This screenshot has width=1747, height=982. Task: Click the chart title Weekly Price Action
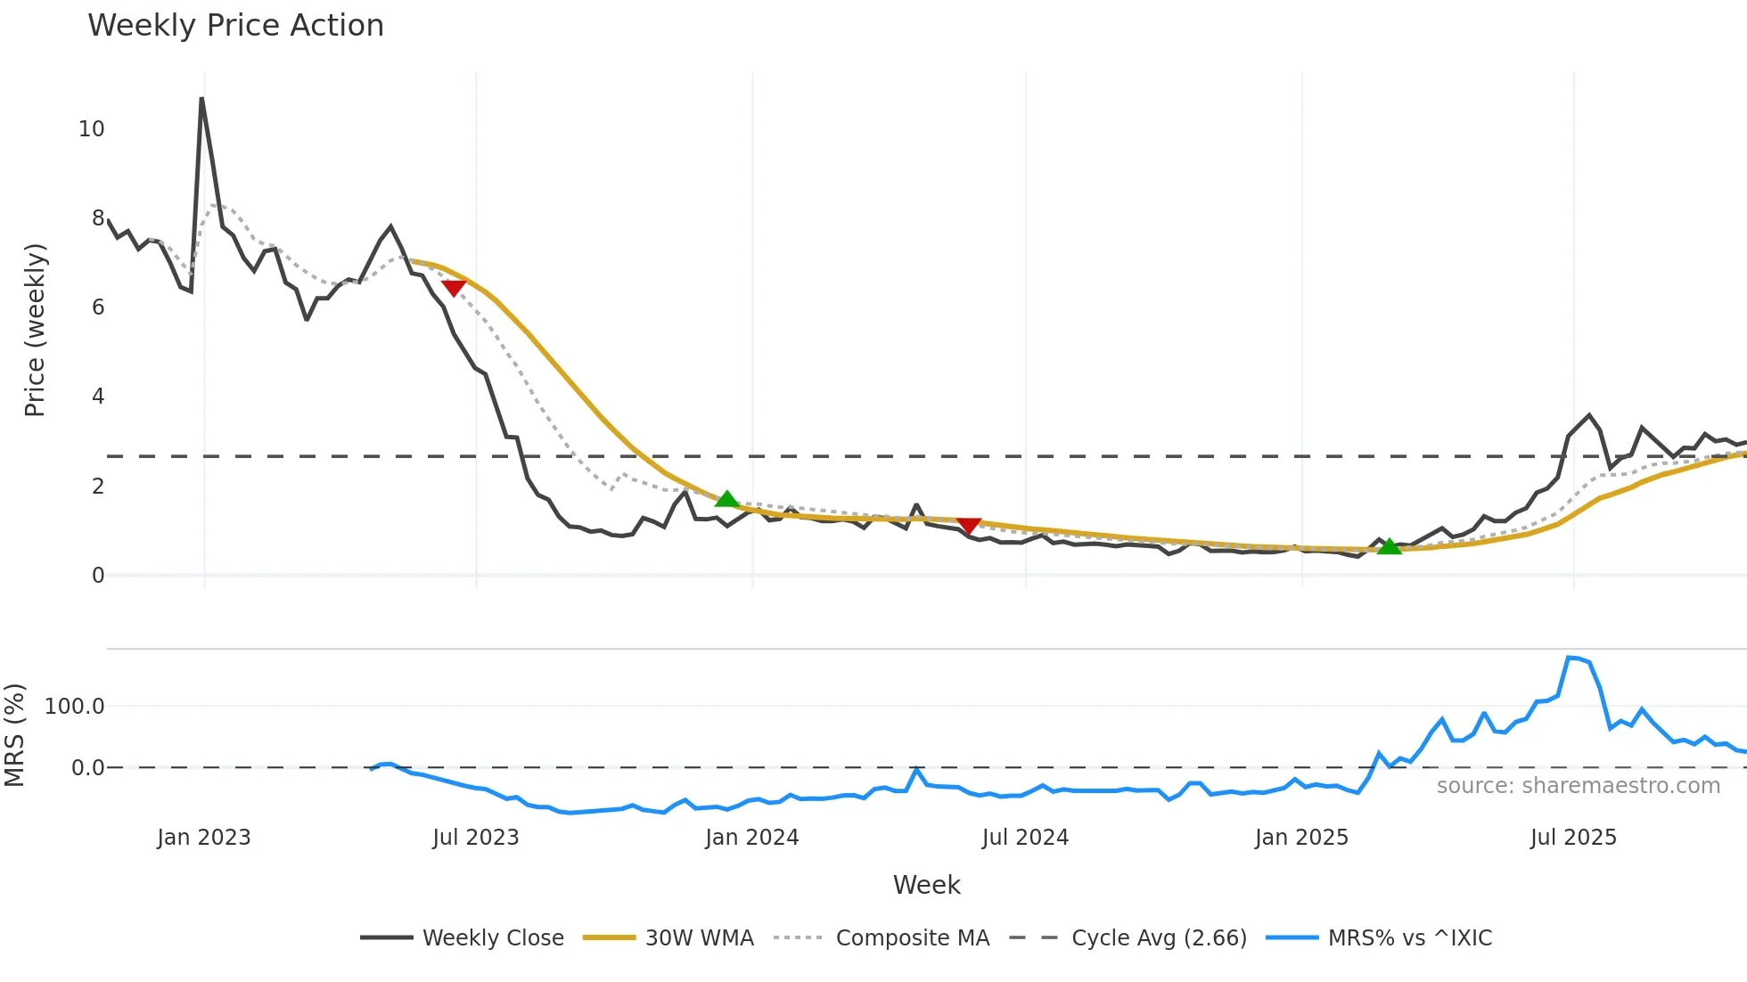(x=235, y=26)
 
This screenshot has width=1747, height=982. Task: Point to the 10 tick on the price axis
(x=92, y=129)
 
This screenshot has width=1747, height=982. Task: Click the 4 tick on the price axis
(x=98, y=397)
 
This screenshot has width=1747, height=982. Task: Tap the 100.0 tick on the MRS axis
(x=75, y=707)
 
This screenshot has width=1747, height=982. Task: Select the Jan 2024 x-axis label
(x=751, y=838)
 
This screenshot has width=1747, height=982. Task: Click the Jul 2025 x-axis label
(x=1573, y=838)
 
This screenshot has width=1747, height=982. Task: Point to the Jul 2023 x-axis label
(x=475, y=838)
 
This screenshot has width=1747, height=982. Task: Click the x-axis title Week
(x=926, y=885)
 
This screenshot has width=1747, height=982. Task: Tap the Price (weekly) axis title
(x=35, y=330)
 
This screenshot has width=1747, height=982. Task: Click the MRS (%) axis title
(x=15, y=735)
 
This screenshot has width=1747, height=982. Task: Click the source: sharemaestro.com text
(x=1578, y=786)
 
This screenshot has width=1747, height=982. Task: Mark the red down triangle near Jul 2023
(x=454, y=288)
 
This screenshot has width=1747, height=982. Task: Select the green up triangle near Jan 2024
(x=727, y=499)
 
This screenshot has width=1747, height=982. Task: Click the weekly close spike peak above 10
(x=202, y=99)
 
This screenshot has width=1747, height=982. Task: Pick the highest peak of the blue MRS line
(x=1571, y=658)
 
